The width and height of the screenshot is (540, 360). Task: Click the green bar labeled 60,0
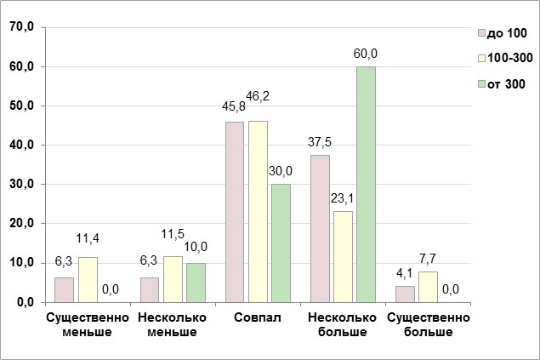(366, 184)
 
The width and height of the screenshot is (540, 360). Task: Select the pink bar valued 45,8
(235, 212)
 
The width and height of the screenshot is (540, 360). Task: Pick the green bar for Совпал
(281, 243)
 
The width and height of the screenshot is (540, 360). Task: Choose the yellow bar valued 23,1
(343, 256)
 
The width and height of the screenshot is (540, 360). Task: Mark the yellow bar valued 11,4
(88, 279)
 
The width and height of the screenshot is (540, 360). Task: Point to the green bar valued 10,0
(196, 282)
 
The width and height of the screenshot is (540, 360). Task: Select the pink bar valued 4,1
(405, 294)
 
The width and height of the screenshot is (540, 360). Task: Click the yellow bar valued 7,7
(428, 287)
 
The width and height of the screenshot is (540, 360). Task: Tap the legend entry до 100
(503, 33)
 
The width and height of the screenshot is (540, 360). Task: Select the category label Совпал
(258, 318)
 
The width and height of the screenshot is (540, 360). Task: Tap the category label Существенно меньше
(88, 324)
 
